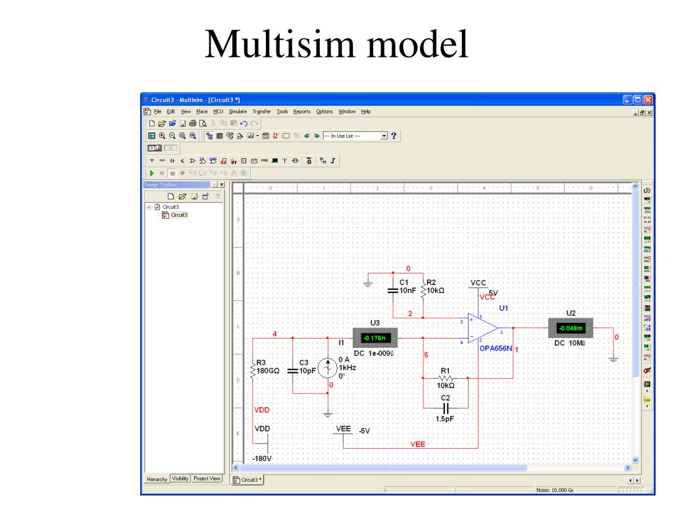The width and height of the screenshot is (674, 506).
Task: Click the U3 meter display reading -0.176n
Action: pos(373,339)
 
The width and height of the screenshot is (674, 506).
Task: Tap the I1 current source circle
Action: pos(328,369)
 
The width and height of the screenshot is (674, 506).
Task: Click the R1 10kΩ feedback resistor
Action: pos(446,378)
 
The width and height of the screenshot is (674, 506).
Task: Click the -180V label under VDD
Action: pos(262,458)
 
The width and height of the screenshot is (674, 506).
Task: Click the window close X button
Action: pos(648,99)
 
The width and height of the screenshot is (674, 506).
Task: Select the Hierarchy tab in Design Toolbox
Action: pos(156,479)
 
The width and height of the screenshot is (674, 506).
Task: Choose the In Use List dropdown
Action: pos(355,136)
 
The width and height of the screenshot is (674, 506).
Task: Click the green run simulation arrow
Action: pos(151,173)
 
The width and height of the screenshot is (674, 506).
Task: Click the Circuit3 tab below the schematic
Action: pos(248,480)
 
